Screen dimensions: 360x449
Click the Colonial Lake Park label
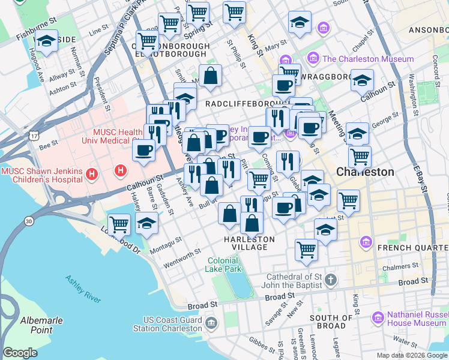point(223,265)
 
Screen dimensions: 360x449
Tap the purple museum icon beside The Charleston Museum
point(313,59)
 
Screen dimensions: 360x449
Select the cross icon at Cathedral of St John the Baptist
point(334,281)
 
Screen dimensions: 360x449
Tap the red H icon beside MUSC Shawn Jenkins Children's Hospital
point(92,175)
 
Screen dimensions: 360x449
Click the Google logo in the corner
point(20,352)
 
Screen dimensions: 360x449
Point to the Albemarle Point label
point(41,325)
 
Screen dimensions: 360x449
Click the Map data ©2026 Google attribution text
point(411,355)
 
